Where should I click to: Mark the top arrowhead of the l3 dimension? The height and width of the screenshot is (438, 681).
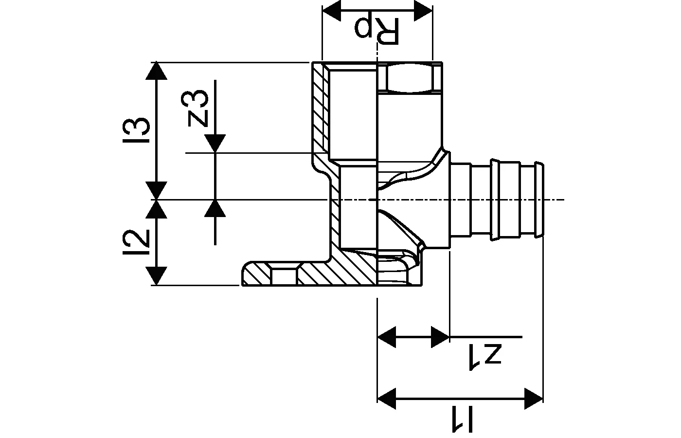156,71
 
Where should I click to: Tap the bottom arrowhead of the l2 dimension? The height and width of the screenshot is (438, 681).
156,276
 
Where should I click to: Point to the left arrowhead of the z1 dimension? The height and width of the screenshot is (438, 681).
387,336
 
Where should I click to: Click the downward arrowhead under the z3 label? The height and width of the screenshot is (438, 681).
215,144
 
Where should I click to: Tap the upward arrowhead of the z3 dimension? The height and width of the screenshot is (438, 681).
215,208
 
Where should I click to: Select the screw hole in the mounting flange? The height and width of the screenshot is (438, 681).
284,275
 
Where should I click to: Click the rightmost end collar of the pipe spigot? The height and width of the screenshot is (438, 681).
538,200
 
